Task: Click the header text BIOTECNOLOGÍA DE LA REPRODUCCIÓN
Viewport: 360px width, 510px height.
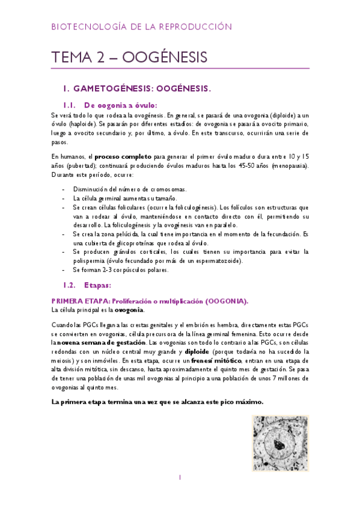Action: (x=141, y=26)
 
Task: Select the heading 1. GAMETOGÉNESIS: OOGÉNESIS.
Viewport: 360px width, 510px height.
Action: (x=141, y=89)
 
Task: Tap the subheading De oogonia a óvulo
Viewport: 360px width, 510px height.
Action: (x=120, y=104)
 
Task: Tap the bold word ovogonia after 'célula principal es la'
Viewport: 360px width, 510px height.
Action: (x=129, y=310)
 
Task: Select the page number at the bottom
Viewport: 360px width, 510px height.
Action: (x=180, y=478)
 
